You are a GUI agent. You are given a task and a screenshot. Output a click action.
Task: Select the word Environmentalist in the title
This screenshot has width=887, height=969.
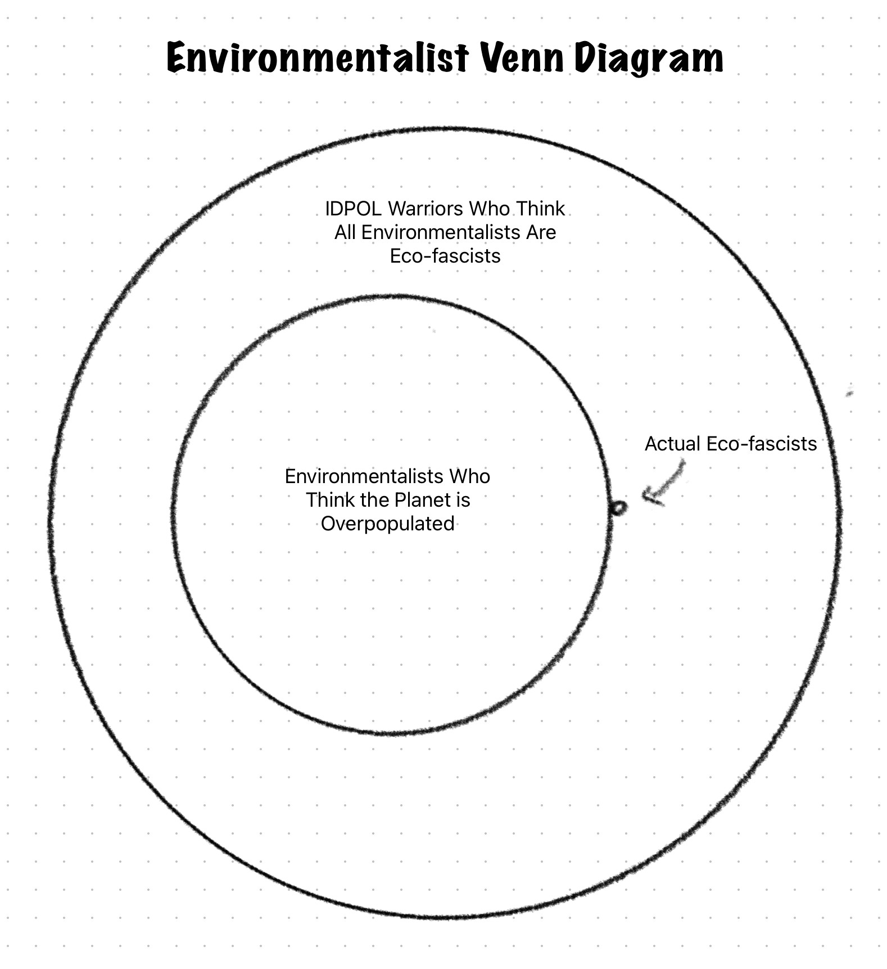(318, 58)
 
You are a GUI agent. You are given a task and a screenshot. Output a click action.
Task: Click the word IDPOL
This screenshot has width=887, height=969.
(354, 209)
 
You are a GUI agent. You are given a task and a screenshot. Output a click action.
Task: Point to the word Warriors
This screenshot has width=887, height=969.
(426, 209)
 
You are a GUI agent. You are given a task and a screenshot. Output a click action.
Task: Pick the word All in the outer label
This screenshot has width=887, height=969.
(345, 232)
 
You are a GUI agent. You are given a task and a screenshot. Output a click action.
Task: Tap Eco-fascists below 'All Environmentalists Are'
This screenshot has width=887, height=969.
(445, 256)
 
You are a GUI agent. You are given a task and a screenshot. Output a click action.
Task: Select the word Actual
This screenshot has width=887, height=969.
(672, 444)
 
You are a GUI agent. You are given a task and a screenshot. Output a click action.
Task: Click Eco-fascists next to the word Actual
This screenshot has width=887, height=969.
(762, 444)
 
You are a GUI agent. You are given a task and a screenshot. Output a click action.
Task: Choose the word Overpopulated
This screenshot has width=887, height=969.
(388, 524)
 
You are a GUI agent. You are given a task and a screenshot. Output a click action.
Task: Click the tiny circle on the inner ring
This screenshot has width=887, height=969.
(618, 508)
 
